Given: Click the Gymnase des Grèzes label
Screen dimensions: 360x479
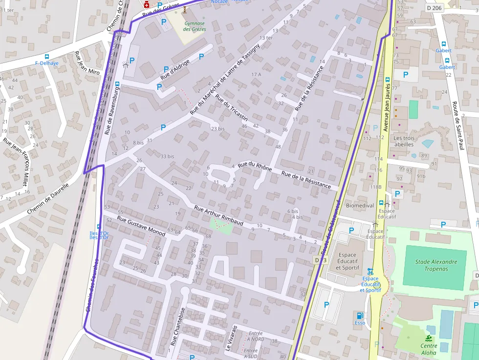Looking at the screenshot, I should point(195,26).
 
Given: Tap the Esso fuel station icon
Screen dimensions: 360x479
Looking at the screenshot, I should point(360,316).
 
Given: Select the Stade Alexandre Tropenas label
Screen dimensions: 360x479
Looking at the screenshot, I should point(436,265).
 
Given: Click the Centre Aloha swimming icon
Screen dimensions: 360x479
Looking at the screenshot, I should point(429,339).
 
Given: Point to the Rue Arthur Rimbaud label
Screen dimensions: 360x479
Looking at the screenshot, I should point(218,215).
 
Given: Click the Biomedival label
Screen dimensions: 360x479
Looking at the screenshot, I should point(360,206).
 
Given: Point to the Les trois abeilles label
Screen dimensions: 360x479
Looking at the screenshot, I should point(404,141).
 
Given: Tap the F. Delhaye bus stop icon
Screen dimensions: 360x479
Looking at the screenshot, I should point(47,57).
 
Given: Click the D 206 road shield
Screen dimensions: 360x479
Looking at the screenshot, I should point(434,8).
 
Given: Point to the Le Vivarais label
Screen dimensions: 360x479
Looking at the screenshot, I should point(231,338).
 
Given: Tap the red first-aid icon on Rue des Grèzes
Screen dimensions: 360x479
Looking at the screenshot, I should point(146,4).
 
